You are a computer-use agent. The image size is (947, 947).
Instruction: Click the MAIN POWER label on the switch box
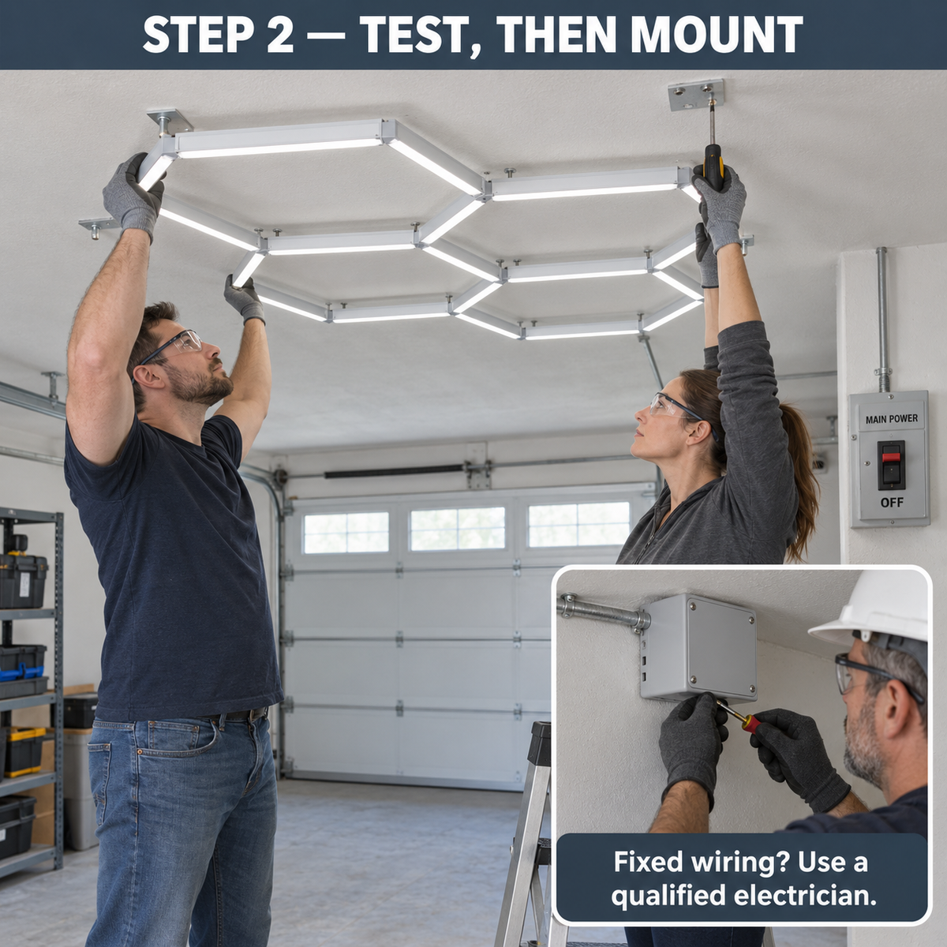coord(892,419)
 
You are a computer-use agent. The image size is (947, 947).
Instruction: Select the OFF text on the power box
coord(892,502)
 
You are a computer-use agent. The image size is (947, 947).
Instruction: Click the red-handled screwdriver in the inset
coord(742,717)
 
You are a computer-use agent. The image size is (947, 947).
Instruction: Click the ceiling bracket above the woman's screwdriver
coord(695,95)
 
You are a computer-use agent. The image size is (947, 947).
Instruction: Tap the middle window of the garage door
coord(457,529)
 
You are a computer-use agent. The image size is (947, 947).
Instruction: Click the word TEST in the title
coord(407,35)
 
